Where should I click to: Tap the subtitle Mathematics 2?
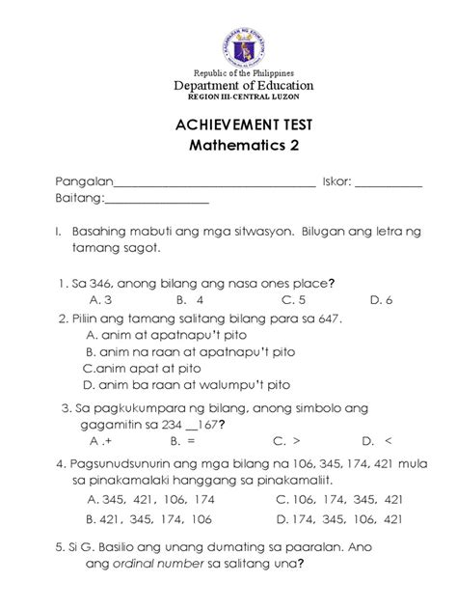228,153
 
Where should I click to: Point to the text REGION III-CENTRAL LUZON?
228,97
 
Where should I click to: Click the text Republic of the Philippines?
228,73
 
